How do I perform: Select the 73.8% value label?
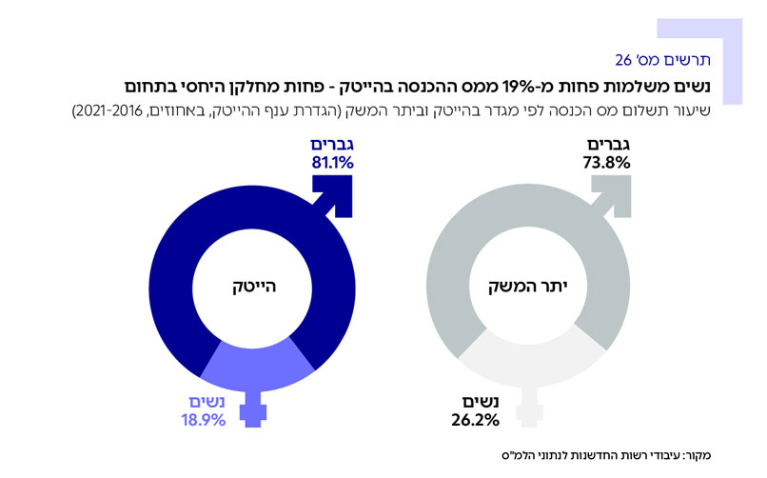606,163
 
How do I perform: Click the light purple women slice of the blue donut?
253,367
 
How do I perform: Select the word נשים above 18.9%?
206,402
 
